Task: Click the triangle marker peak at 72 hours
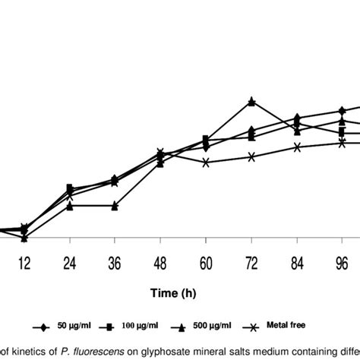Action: point(251,101)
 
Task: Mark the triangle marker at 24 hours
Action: point(69,206)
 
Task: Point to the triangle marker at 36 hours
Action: point(114,206)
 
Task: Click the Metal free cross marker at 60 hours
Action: point(206,162)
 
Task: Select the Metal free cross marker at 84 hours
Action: point(297,147)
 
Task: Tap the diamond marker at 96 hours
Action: point(343,111)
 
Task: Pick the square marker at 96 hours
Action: point(343,132)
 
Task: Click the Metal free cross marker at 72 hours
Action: point(251,156)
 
